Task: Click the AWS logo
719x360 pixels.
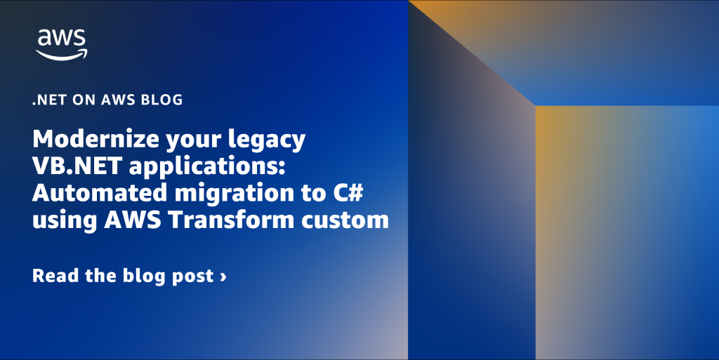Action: tap(62, 45)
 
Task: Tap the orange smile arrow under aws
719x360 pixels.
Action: tap(62, 55)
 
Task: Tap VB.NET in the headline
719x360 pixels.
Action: tap(77, 166)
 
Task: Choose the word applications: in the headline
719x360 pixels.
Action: tap(207, 167)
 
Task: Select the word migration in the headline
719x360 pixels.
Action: tap(235, 194)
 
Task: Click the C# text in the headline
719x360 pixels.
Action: tap(347, 192)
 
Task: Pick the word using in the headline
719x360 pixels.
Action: tap(65, 222)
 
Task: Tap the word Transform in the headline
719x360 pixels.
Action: tap(232, 220)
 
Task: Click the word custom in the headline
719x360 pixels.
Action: tap(345, 221)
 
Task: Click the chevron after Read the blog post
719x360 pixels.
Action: tap(223, 277)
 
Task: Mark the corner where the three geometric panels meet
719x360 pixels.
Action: tap(536, 106)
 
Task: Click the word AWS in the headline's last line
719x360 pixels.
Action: tap(133, 220)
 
